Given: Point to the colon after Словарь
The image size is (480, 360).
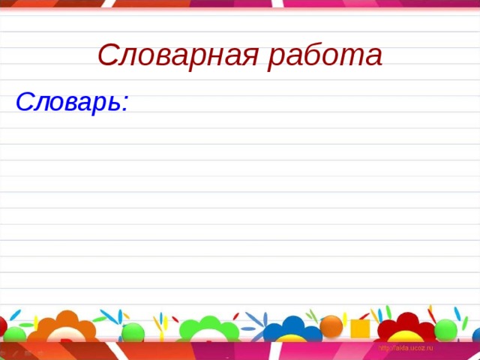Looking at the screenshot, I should click(125, 103).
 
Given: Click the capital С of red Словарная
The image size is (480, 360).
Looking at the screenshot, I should click(106, 55).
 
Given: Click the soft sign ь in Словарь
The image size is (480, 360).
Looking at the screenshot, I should click(113, 102).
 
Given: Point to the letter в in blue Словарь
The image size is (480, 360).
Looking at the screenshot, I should click(70, 102).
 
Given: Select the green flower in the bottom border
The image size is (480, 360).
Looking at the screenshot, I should click(200, 336).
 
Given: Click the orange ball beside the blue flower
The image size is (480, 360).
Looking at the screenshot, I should click(331, 327).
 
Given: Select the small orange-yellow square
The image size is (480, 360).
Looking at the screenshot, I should click(360, 328).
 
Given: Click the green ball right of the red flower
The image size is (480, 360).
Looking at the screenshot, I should click(445, 330).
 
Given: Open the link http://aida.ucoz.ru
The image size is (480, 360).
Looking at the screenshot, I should click(406, 349).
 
